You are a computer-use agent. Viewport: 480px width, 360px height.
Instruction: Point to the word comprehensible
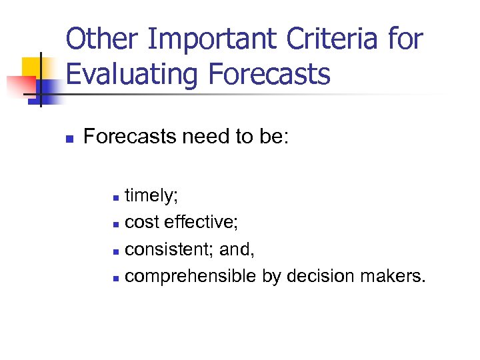tap(190, 276)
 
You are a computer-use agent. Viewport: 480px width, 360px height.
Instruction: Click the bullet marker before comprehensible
tap(116, 277)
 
